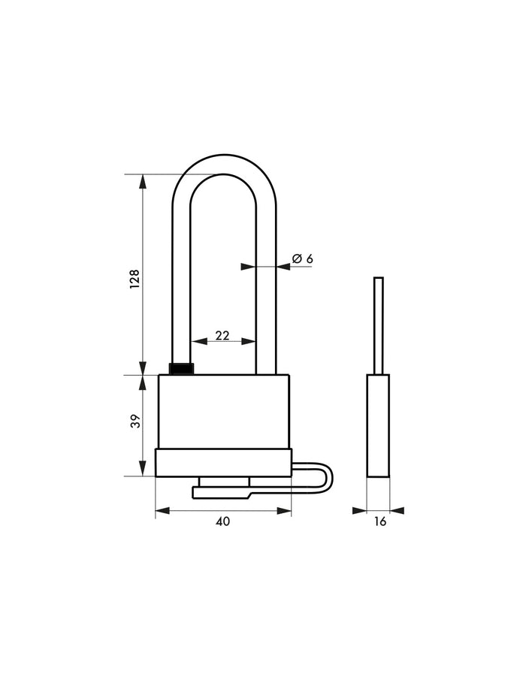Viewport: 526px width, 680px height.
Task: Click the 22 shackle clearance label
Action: [222, 336]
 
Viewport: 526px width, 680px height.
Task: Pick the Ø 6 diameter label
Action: [302, 258]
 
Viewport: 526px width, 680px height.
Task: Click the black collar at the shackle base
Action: [181, 368]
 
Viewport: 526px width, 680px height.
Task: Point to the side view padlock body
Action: [378, 425]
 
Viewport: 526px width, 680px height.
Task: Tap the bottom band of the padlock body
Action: [223, 462]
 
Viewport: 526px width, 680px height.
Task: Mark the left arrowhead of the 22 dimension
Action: [197, 341]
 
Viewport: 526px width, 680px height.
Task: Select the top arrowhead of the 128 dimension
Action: [143, 181]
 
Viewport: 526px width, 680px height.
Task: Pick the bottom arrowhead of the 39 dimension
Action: [143, 470]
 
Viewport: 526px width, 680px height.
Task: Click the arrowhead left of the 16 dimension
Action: [359, 511]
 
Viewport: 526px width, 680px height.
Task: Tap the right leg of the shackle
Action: [266, 301]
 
